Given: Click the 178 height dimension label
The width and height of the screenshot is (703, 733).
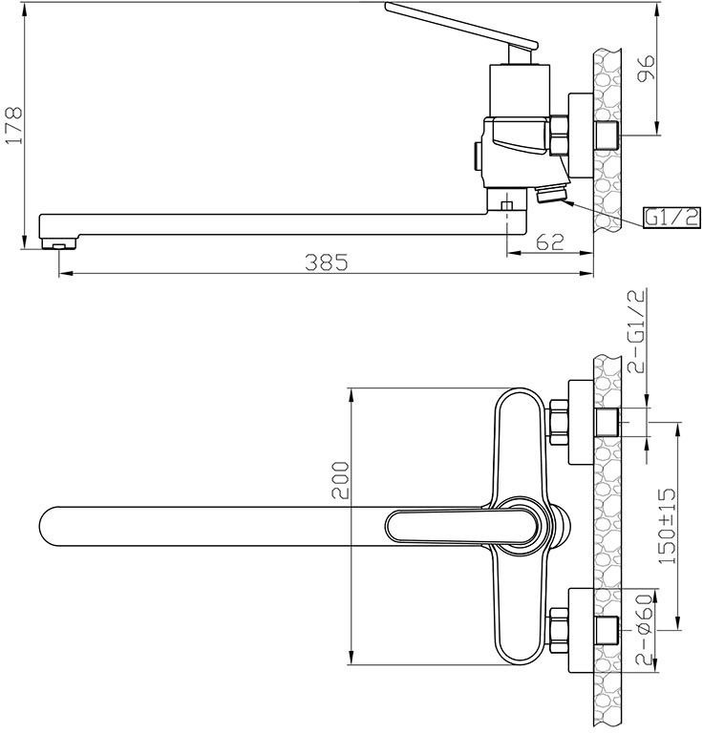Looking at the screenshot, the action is click(x=13, y=126).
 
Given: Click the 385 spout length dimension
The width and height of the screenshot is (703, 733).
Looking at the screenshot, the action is click(x=327, y=262).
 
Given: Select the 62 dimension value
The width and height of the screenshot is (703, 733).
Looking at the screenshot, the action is click(x=550, y=241).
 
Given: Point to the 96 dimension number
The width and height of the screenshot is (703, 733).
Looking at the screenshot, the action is click(x=647, y=68).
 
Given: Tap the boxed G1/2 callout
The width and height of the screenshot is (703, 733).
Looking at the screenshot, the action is click(x=672, y=218).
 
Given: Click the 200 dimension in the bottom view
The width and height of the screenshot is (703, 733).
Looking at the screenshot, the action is click(x=340, y=480).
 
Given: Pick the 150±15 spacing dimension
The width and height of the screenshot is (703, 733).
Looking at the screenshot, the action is click(x=667, y=526).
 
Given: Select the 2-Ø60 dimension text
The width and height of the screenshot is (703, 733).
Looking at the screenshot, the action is click(x=644, y=630).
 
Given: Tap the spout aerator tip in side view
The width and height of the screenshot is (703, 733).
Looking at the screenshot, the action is click(x=59, y=243).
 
